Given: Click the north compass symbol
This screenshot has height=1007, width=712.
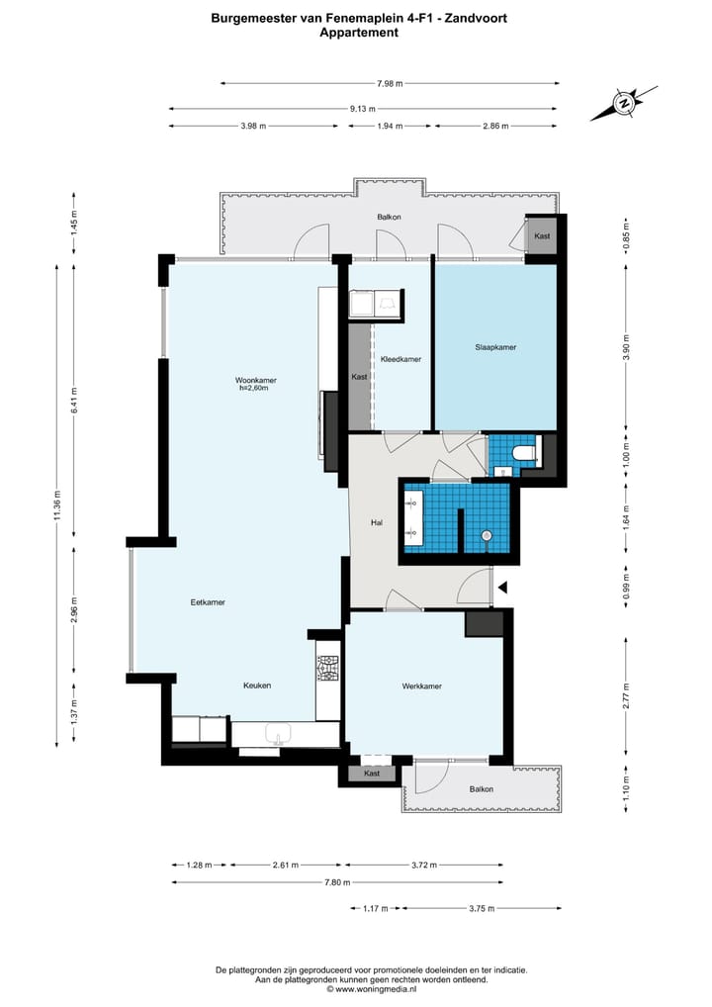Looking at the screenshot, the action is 623,103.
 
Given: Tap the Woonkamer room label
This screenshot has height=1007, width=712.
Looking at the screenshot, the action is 255,380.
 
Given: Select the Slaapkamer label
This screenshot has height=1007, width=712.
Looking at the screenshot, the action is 495,347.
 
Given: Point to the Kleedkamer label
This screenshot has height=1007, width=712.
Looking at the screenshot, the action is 400,360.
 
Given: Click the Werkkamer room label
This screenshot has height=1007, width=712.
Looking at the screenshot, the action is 422,687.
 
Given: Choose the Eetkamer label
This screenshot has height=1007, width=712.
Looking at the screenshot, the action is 208,602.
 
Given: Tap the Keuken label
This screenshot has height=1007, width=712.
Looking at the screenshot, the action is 257,686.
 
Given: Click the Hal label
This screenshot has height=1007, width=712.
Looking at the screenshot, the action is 377,522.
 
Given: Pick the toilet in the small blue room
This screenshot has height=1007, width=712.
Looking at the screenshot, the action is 525,454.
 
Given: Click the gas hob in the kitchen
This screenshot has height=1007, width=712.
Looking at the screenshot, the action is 327,669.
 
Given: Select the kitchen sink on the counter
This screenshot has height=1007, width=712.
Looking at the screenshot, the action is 279,733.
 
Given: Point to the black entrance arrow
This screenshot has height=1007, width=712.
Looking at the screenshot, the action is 503,587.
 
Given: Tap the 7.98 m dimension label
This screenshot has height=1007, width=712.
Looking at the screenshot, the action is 390,83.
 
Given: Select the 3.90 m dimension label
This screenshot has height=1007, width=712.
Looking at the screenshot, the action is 626,347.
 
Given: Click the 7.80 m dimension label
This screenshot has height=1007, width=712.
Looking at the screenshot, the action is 337,882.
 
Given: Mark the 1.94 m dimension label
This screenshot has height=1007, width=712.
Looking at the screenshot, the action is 390,126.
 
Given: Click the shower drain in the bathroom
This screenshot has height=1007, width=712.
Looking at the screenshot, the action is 487,535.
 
